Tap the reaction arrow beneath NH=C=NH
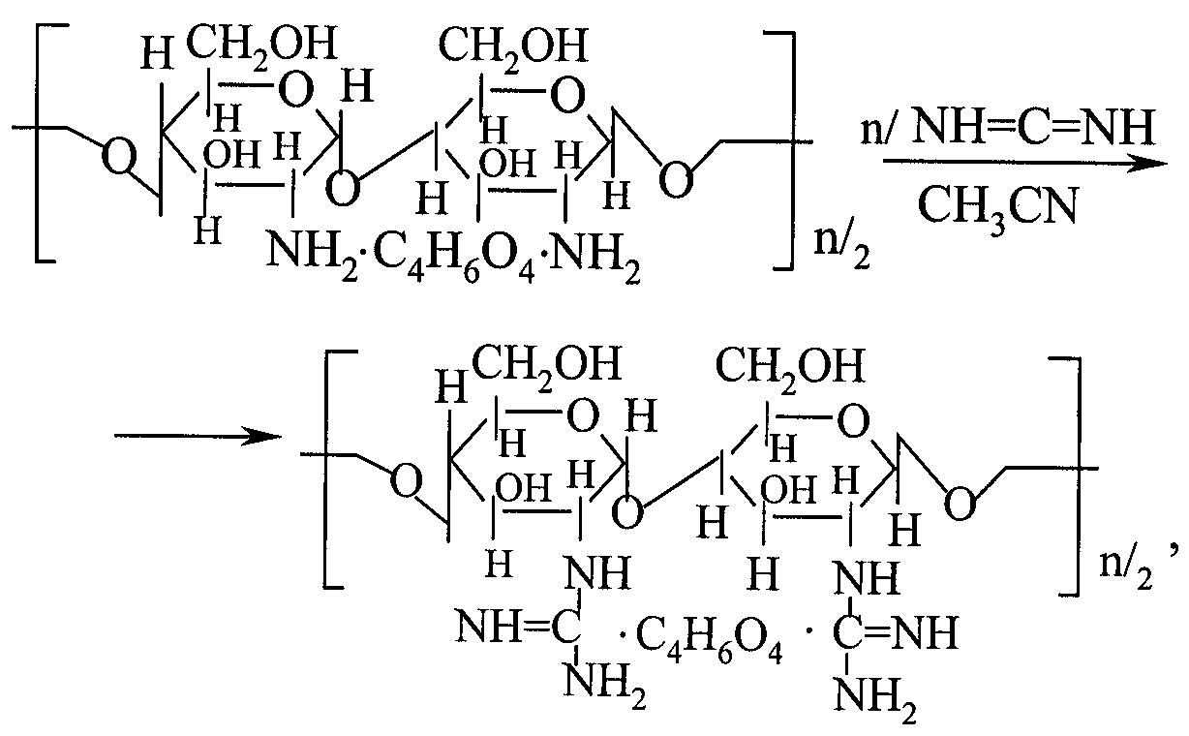[x=1025, y=163]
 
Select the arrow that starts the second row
[x=198, y=437]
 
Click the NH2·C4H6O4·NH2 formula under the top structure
[x=453, y=256]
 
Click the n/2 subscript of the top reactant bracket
[x=841, y=249]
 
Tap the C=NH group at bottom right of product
[x=896, y=633]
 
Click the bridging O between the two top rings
[x=343, y=189]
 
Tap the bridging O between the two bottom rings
[x=628, y=513]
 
